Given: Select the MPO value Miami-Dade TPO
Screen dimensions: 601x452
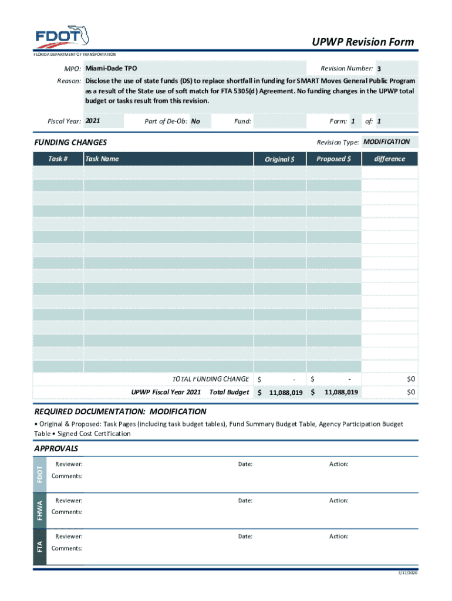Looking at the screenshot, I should click(x=111, y=69).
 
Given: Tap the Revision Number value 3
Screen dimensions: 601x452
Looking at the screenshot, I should click(x=379, y=69).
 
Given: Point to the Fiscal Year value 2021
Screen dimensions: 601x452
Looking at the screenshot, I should click(x=93, y=121).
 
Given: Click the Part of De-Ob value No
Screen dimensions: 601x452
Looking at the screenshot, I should click(x=195, y=121).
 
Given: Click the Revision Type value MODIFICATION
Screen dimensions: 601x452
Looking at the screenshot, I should click(x=386, y=142).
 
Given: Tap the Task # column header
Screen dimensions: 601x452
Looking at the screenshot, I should click(x=58, y=159).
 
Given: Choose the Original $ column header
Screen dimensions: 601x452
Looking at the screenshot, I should click(x=280, y=159).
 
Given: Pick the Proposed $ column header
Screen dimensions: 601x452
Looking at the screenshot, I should click(x=333, y=159).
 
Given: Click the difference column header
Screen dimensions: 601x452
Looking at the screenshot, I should click(x=390, y=159).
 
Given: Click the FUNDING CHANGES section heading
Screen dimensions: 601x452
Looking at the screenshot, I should click(x=70, y=143).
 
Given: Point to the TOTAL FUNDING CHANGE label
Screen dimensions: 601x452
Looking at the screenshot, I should click(x=210, y=379).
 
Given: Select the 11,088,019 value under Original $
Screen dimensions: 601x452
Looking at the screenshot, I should click(x=285, y=393).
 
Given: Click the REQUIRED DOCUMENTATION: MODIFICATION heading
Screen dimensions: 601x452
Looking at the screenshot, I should click(x=120, y=411).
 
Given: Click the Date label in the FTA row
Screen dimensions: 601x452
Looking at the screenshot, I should click(x=245, y=536).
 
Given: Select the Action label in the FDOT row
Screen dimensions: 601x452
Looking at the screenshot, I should click(x=339, y=464).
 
